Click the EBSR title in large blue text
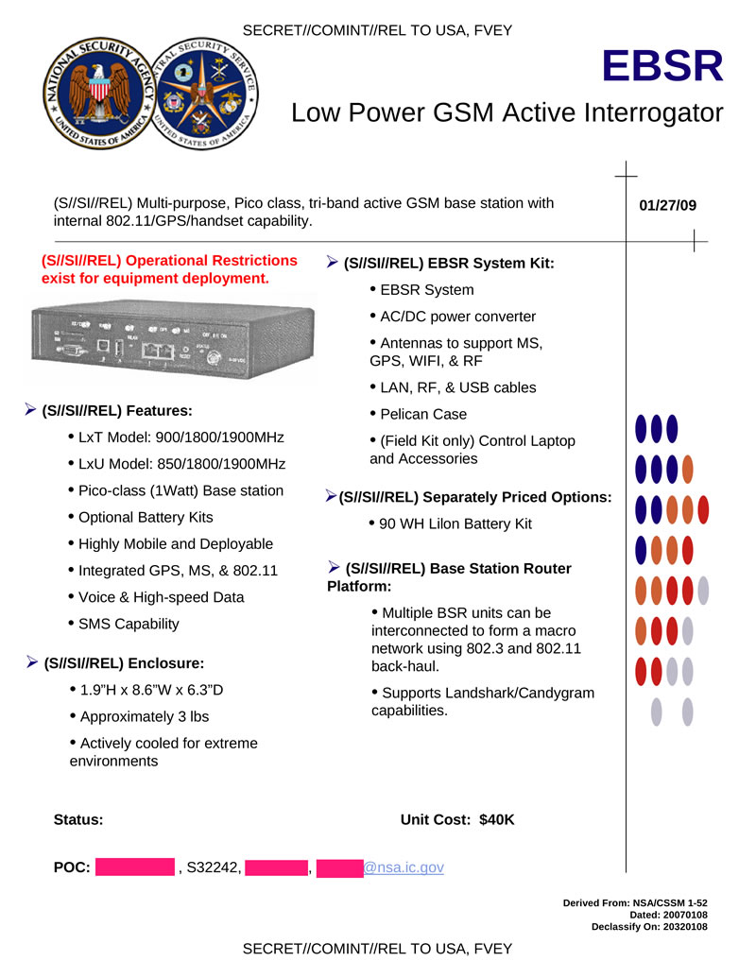click(x=663, y=66)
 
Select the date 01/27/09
click(x=667, y=205)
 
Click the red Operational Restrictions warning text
click(x=169, y=269)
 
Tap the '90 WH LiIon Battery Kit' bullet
click(x=455, y=523)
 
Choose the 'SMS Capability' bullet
click(x=128, y=624)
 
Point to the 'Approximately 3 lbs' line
click(x=144, y=716)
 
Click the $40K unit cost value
click(x=497, y=819)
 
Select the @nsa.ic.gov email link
click(x=404, y=867)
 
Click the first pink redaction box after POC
click(x=135, y=867)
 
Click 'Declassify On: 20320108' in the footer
click(x=649, y=927)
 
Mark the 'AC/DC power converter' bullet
click(x=457, y=317)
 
